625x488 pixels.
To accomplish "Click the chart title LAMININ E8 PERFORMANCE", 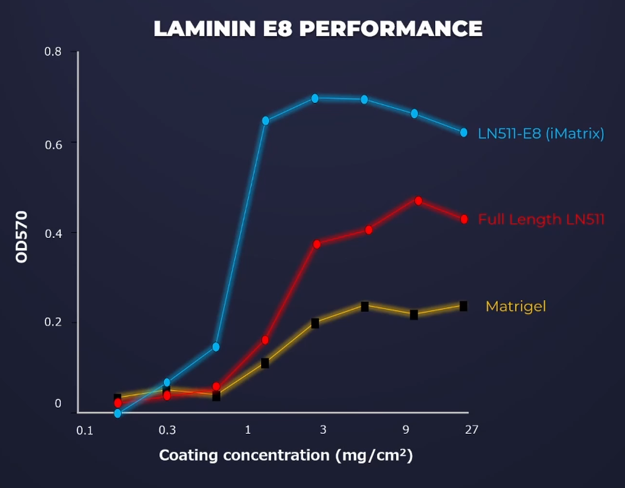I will (x=318, y=29).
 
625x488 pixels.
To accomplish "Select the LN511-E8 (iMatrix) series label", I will (x=541, y=133).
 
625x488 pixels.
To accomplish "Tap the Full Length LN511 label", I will (x=541, y=220).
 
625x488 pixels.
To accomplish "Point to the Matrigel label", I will (x=516, y=306).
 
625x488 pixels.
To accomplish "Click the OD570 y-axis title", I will (x=22, y=237).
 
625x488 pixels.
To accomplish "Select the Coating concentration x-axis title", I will (x=286, y=456).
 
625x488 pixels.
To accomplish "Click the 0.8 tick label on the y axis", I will (x=53, y=52).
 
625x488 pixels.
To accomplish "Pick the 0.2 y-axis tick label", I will (x=53, y=322).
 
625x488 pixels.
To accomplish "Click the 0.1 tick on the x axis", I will (x=85, y=430).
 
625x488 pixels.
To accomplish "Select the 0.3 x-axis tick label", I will (x=167, y=430).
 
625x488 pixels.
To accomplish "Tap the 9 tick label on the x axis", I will (x=406, y=430).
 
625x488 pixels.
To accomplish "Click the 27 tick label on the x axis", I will (x=471, y=430).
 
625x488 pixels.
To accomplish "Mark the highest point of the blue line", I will (x=315, y=99).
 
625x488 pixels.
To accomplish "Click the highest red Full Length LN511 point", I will (x=418, y=201).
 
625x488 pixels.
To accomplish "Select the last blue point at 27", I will (x=464, y=133).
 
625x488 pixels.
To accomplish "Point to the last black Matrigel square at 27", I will (x=463, y=306).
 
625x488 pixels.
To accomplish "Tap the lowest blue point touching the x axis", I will (x=118, y=414).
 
